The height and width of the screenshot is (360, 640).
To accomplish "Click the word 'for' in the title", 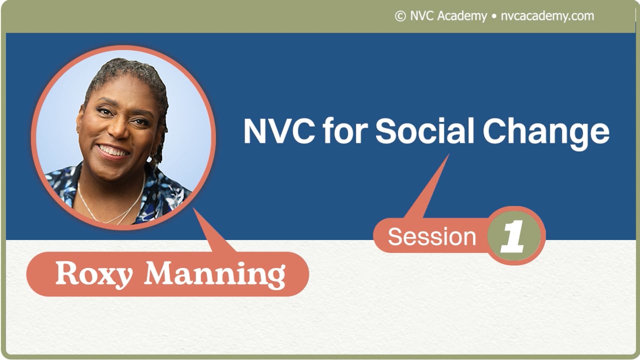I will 344,131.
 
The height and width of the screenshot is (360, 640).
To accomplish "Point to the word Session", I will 432,236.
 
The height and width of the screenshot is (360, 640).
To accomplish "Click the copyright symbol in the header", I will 400,16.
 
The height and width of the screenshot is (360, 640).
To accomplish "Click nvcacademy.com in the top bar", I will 547,16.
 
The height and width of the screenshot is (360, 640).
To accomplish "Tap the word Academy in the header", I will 462,16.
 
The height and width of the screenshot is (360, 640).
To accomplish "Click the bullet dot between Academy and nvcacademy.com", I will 494,16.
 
